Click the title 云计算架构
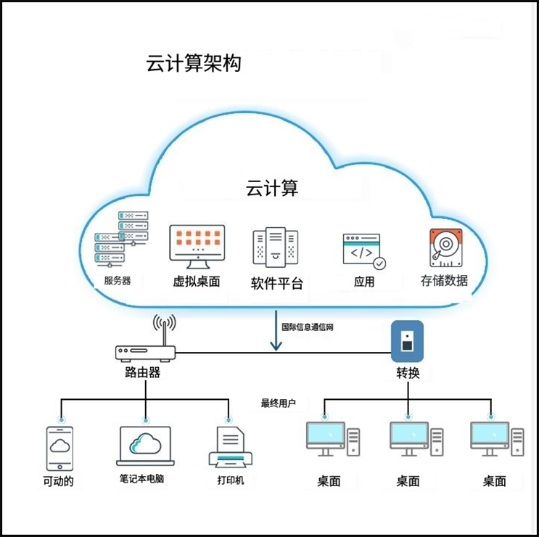tap(194, 64)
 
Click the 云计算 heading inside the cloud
tap(272, 189)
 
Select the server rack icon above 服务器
tap(121, 239)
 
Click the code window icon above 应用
tap(364, 251)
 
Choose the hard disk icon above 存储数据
tap(445, 247)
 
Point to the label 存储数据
tap(444, 280)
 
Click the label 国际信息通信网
tap(308, 327)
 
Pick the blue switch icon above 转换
tap(407, 341)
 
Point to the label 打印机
tap(231, 480)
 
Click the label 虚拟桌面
tap(196, 282)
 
